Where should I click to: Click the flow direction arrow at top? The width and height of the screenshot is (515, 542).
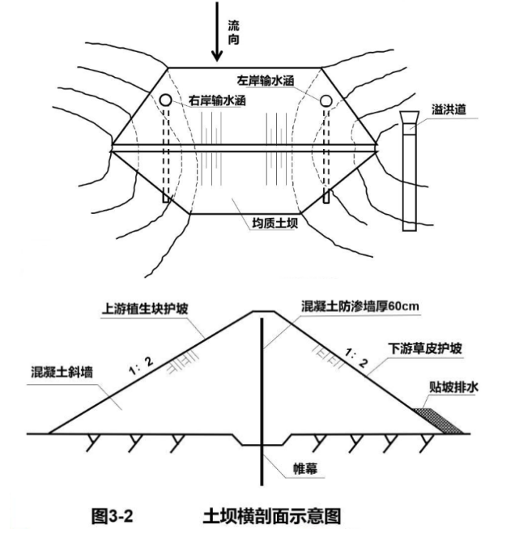click(x=216, y=32)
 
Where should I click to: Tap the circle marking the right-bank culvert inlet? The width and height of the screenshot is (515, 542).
click(x=165, y=100)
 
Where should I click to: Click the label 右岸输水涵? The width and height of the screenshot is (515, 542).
click(x=216, y=101)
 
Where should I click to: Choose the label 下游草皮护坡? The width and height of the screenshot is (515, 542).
click(x=428, y=348)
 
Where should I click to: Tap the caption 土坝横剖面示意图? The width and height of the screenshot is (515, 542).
click(x=270, y=514)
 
